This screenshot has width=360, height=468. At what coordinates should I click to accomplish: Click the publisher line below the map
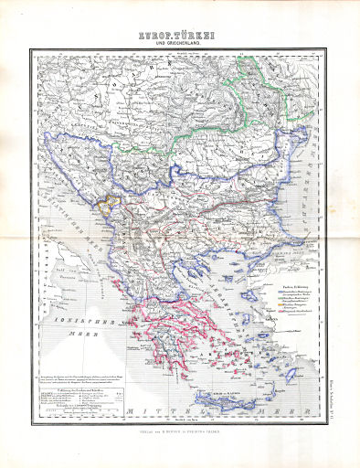pyautogui.click(x=180, y=432)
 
